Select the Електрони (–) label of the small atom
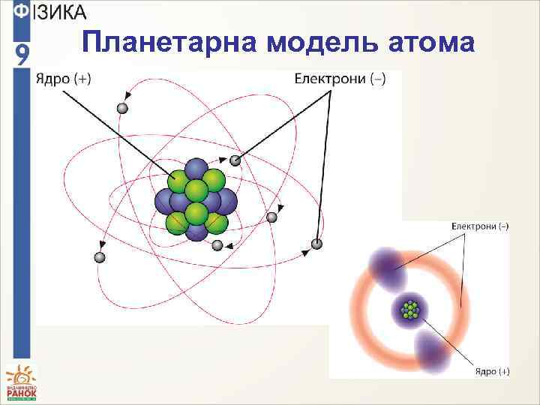point(480,225)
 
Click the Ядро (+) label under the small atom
point(492,370)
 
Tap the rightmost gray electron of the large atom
point(316,244)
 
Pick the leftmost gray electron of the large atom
point(99,257)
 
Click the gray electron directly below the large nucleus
point(217,245)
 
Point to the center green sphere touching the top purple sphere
point(196,190)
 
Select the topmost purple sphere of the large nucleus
point(196,170)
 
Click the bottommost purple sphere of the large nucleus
point(196,230)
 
